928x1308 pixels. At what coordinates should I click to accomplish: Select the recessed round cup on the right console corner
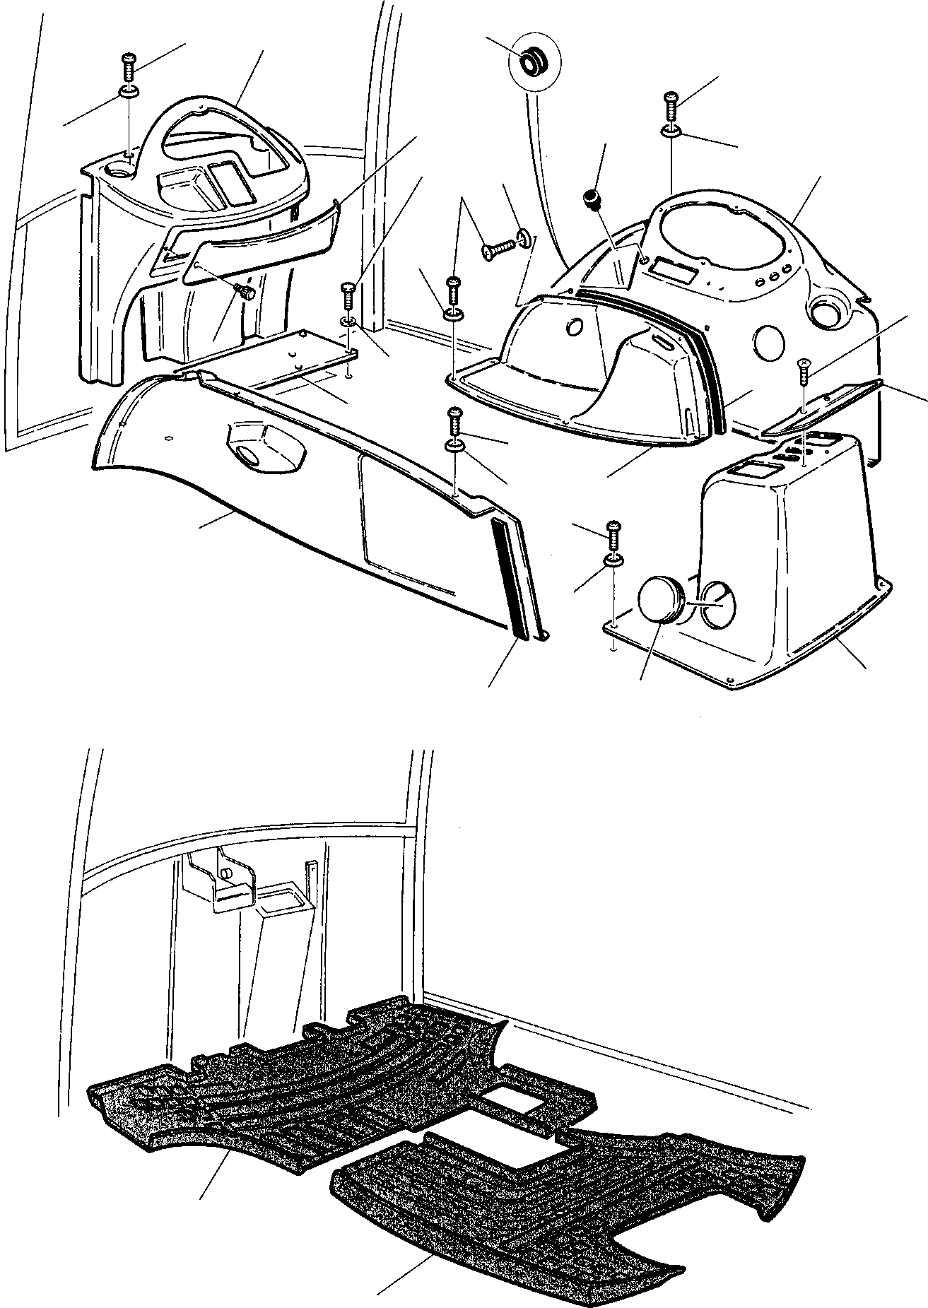click(828, 311)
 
